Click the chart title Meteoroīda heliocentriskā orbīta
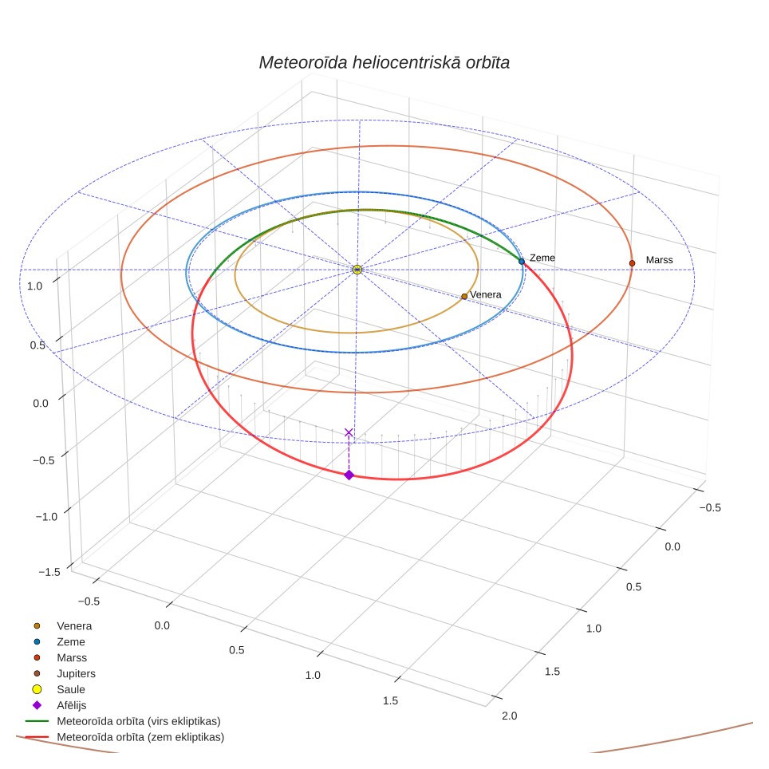pos(384,63)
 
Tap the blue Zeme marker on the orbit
pos(522,262)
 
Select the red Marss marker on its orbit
pos(632,263)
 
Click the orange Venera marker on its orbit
pos(464,296)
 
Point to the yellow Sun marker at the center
pos(357,270)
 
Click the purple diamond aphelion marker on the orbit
pos(349,475)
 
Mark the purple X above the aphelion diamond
pos(349,432)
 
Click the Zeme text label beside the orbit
pos(542,258)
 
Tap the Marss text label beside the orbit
pos(659,260)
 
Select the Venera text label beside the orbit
pos(486,294)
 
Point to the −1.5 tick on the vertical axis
pos(49,572)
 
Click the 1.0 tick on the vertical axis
pos(35,286)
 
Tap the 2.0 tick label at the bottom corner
pos(509,716)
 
